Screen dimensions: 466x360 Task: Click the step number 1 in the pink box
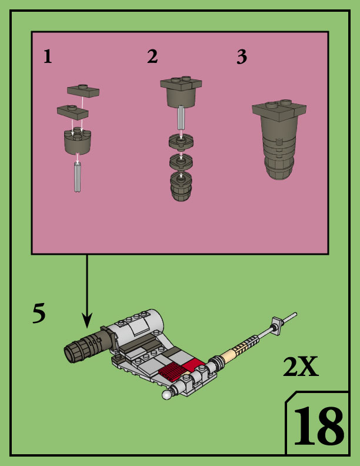click(48, 56)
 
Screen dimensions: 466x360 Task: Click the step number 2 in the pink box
click(152, 56)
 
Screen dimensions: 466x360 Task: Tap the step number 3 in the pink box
click(241, 57)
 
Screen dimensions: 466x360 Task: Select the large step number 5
click(39, 314)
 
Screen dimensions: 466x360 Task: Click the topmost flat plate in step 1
click(84, 90)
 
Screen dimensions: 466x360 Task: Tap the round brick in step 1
click(77, 142)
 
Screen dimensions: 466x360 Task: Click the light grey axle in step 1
click(78, 178)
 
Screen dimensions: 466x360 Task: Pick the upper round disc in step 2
click(182, 142)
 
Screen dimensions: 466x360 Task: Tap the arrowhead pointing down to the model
click(87, 321)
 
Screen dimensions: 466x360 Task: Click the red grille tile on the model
click(171, 372)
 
